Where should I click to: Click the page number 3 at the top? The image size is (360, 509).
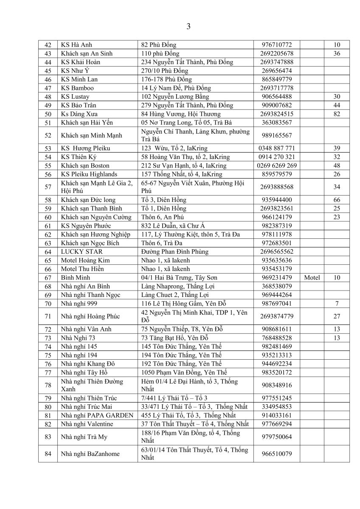pos(188,27)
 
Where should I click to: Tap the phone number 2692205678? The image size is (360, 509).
pos(277,53)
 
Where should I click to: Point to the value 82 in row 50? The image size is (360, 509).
pos(337,114)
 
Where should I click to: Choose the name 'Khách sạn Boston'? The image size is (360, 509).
pos(85,165)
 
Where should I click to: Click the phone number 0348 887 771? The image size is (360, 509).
pos(277,148)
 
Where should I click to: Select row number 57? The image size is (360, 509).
pos(48,187)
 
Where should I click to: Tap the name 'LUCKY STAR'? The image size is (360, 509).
pos(79,252)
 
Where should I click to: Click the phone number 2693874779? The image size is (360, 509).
pos(277,316)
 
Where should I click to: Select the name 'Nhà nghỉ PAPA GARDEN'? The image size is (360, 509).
pos(97,415)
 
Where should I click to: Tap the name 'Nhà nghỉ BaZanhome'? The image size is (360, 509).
pos(90,454)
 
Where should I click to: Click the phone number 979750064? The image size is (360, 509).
pos(277,436)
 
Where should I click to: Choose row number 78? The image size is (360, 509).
pos(48,385)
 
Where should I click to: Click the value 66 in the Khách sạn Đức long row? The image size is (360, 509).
pos(337,200)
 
